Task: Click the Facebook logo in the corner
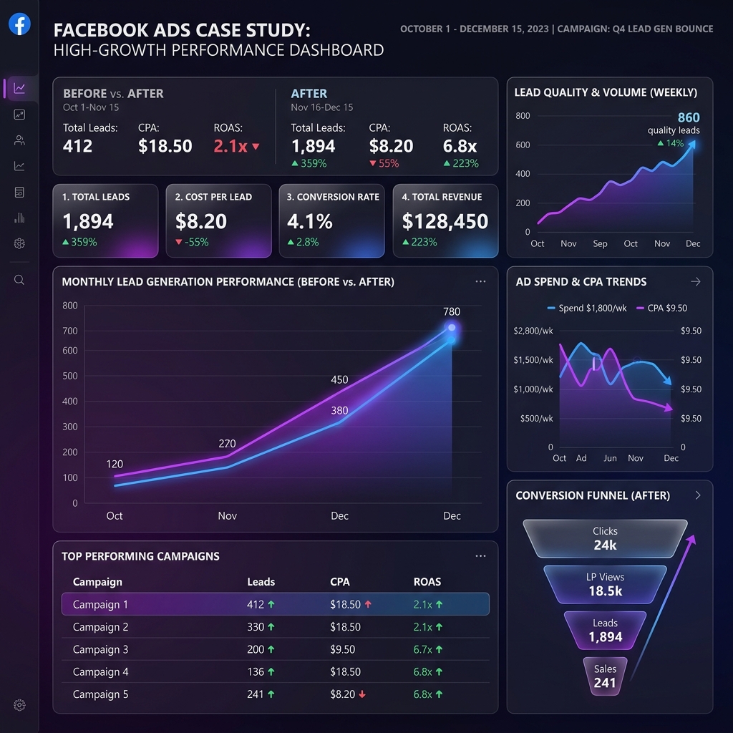tap(19, 24)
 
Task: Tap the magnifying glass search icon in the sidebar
tap(19, 280)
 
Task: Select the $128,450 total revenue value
tap(445, 222)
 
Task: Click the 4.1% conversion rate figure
tap(309, 222)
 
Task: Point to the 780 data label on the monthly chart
tap(452, 311)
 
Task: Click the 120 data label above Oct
tap(115, 464)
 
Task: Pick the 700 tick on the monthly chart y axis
tap(70, 331)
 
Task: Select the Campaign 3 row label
tap(100, 649)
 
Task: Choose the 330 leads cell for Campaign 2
tap(256, 627)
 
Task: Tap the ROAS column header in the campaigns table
tap(427, 582)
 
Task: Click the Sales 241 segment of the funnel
tap(605, 676)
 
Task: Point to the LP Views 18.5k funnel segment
tap(605, 584)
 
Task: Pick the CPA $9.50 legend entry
tap(661, 308)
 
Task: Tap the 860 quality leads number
tap(688, 118)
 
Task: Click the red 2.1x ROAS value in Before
tap(230, 146)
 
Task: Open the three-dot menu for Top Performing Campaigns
tap(480, 556)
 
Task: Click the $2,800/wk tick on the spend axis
tap(533, 331)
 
